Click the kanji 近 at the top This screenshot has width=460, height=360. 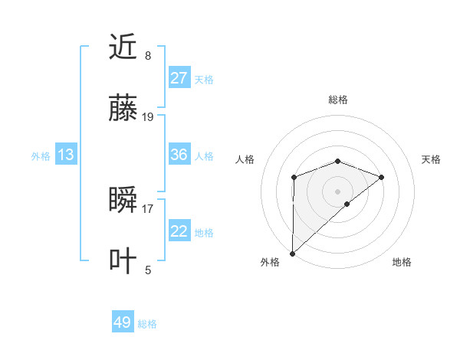[x=124, y=47]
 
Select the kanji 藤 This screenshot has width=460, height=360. [x=124, y=109]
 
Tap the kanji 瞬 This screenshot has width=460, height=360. [x=124, y=200]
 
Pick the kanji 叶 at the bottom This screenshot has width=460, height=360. [x=124, y=261]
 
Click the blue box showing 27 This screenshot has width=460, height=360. [x=179, y=78]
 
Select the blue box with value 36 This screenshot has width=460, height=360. [x=179, y=155]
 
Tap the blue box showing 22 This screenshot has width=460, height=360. [x=179, y=231]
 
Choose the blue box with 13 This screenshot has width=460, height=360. [x=66, y=155]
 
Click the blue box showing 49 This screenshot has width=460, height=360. [x=123, y=322]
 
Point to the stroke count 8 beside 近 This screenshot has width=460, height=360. [x=148, y=55]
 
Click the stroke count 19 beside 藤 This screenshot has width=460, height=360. [x=148, y=116]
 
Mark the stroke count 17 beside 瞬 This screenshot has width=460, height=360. [x=148, y=208]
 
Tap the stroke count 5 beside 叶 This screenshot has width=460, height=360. [x=148, y=269]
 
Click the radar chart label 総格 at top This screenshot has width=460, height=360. [x=337, y=100]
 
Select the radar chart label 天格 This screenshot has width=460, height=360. [x=431, y=159]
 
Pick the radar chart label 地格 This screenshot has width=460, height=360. [x=402, y=262]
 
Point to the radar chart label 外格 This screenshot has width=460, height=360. [x=270, y=262]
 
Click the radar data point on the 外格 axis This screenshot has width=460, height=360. [x=292, y=253]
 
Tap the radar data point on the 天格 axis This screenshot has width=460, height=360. [x=381, y=177]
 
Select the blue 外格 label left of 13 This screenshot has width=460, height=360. [x=41, y=155]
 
